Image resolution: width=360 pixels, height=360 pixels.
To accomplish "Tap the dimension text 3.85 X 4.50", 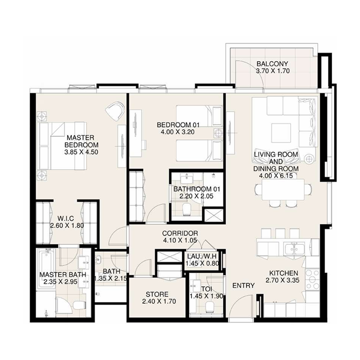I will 81,152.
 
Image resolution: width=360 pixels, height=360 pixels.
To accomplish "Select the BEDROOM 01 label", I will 178,125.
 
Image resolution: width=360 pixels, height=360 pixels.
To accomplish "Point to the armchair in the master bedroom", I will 115,110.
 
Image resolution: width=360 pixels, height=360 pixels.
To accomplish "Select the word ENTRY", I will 243,286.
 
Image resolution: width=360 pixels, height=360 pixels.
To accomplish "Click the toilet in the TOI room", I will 208,307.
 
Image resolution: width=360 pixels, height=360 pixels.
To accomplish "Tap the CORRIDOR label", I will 180,233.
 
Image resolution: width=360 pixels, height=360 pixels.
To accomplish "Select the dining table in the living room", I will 283,189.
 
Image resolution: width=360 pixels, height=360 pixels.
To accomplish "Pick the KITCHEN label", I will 283,274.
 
